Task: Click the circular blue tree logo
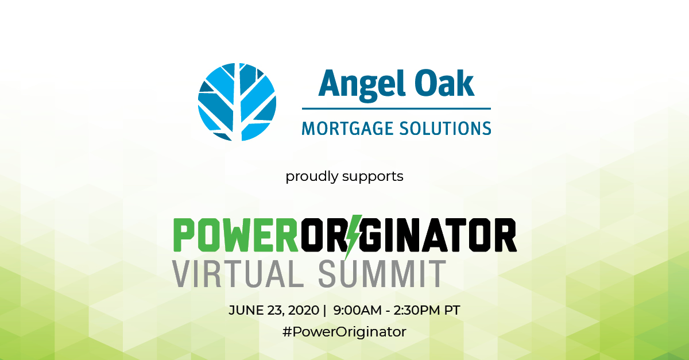[x=237, y=102]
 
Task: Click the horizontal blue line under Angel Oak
[x=396, y=109]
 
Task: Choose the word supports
[x=373, y=176]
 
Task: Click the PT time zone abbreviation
[x=452, y=310]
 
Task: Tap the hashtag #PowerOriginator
[x=344, y=332]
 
